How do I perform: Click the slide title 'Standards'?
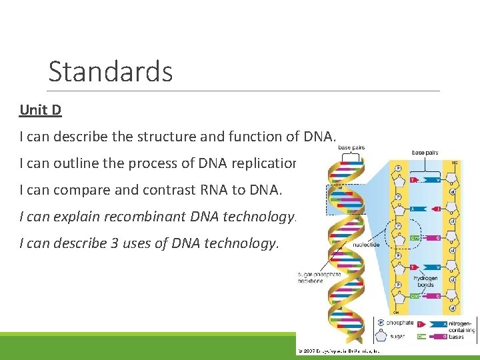tap(110, 71)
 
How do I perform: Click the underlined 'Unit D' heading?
tap(41, 110)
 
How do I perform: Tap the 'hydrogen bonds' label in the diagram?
tap(425, 281)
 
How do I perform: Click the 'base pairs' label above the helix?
tap(351, 147)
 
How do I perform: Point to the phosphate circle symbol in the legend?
tap(381, 323)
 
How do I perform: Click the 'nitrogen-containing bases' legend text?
tap(462, 330)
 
